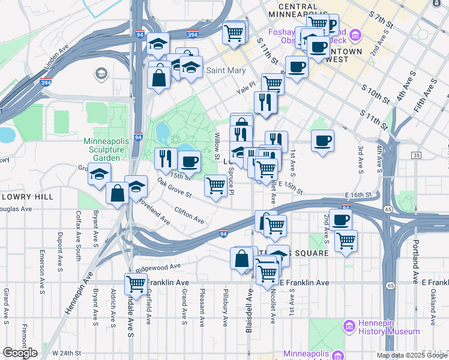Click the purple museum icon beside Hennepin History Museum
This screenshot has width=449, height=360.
click(x=349, y=327)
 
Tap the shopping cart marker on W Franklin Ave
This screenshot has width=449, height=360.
click(x=136, y=284)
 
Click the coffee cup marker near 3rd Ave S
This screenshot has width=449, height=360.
click(x=323, y=141)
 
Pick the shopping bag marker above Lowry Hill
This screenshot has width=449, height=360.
click(x=118, y=193)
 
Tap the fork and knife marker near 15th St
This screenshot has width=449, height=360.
click(x=166, y=158)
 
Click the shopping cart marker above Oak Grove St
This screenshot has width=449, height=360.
click(x=215, y=185)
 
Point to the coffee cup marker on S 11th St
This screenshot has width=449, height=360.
click(x=296, y=67)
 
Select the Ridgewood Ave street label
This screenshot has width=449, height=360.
click(x=158, y=266)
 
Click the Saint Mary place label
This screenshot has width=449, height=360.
click(x=226, y=71)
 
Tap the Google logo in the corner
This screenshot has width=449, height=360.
click(x=20, y=353)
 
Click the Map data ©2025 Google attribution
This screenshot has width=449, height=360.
click(x=411, y=355)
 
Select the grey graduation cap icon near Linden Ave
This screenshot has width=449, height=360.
click(x=101, y=73)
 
